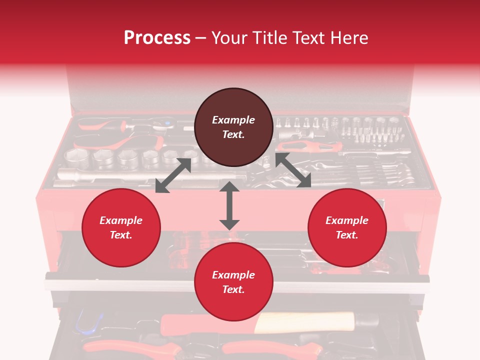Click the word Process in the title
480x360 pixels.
point(157,38)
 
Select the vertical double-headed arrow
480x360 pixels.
point(229,205)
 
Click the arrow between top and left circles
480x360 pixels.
point(173,175)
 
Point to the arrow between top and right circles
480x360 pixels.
point(293,170)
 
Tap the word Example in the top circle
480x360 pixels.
point(233,120)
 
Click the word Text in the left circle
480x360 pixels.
point(121,235)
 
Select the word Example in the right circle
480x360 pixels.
point(347,220)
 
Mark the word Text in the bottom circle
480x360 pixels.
point(233,289)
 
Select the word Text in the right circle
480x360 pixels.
point(347,235)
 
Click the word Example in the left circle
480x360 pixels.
point(121,220)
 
